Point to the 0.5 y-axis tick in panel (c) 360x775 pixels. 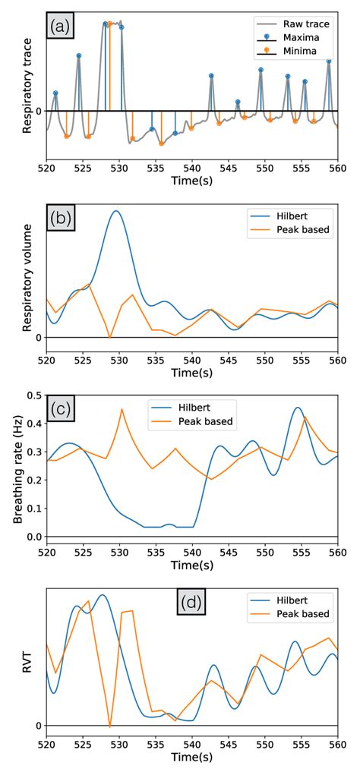click(x=33, y=395)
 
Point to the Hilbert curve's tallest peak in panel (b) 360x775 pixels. click(x=115, y=211)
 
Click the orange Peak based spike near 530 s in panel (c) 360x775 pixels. click(x=122, y=409)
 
